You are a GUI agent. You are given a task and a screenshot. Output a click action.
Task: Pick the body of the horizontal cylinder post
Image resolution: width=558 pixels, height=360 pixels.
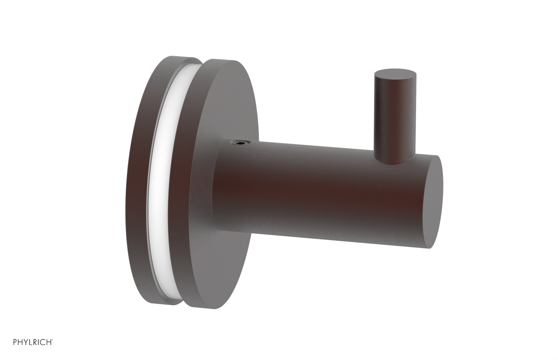[314, 185]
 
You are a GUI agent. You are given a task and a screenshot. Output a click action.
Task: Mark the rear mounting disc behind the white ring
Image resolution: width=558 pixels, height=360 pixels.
[139, 174]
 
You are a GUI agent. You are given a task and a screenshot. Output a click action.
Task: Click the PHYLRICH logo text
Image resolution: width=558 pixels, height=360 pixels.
[32, 351]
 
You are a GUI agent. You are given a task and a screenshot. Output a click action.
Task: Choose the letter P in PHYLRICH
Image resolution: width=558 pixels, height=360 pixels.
[15, 351]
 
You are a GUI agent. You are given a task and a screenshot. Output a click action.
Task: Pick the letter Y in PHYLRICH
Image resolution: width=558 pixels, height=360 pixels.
[25, 351]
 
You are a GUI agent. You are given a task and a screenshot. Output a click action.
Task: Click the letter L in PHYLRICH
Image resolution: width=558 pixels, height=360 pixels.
[30, 351]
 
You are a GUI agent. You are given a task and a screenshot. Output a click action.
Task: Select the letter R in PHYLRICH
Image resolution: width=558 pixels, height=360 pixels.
[34, 351]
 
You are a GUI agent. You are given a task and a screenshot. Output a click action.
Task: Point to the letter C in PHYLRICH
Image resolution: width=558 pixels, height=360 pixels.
[43, 351]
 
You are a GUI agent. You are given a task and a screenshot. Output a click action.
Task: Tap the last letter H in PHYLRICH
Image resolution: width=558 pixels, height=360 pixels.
[48, 351]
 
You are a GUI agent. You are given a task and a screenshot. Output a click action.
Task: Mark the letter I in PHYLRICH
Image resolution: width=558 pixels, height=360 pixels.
[38, 351]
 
